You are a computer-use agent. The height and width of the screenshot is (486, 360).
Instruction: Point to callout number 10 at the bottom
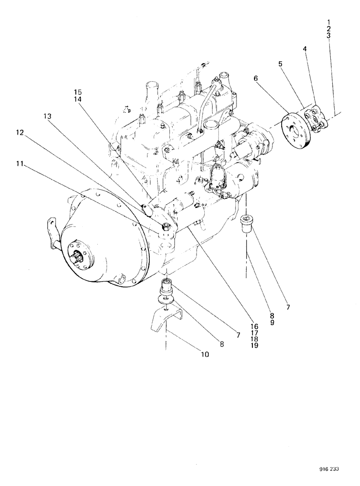204,355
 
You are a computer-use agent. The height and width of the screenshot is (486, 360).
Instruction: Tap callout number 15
78,91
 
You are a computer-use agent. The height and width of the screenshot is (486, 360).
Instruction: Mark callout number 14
78,99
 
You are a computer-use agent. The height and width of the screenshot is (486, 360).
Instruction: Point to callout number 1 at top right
329,22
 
